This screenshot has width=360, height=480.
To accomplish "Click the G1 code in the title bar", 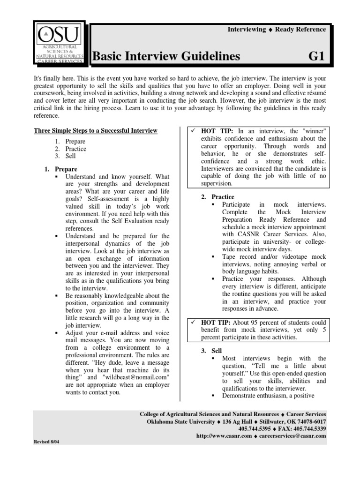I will tap(316, 57).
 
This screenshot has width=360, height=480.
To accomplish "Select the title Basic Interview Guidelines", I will tap(166, 57).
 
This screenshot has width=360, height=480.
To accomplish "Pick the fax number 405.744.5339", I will tap(307, 428).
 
